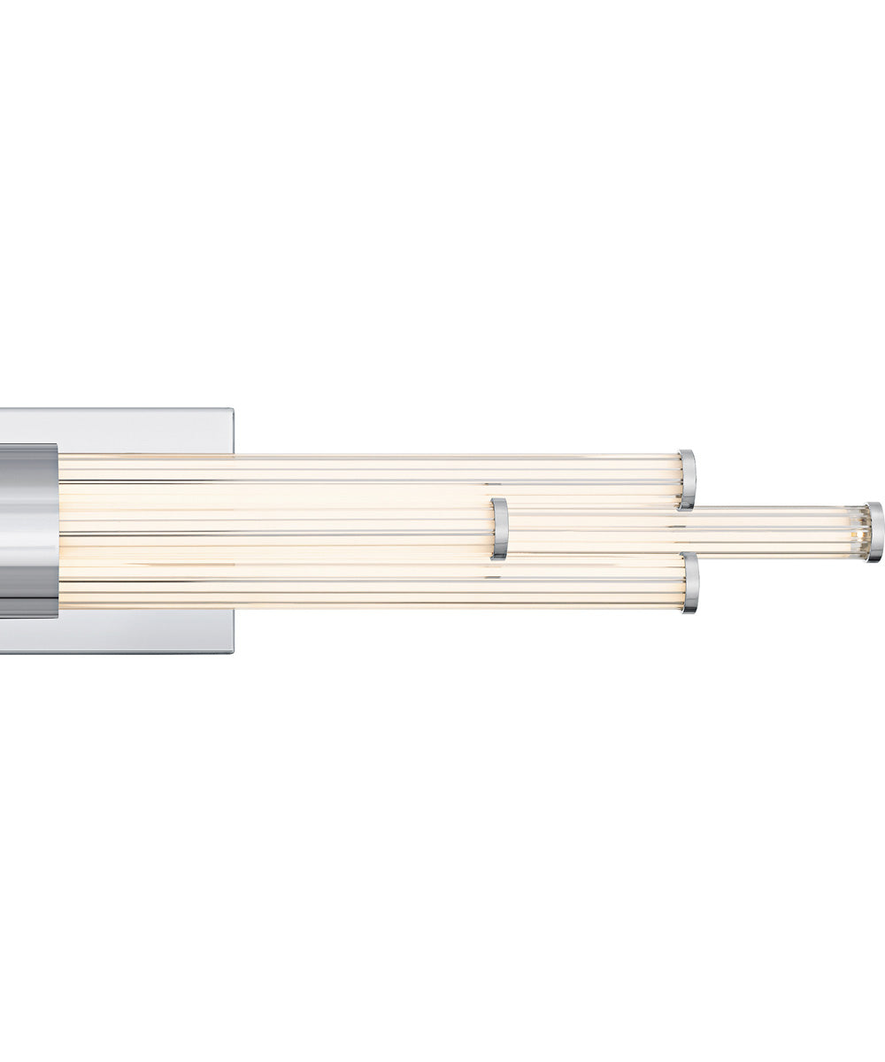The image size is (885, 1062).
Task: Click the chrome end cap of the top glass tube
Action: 688,480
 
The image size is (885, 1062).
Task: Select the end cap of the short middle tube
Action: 500,529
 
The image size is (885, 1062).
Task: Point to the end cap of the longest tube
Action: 874,532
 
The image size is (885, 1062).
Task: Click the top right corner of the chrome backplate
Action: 232,410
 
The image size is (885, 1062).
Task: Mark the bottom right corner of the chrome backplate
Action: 232,651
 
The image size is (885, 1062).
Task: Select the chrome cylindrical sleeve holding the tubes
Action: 28,531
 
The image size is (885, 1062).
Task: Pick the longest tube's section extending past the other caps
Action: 779,532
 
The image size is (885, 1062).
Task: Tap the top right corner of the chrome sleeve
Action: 57,446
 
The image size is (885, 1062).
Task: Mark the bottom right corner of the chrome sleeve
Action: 57,617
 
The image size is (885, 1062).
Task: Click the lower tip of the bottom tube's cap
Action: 689,611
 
